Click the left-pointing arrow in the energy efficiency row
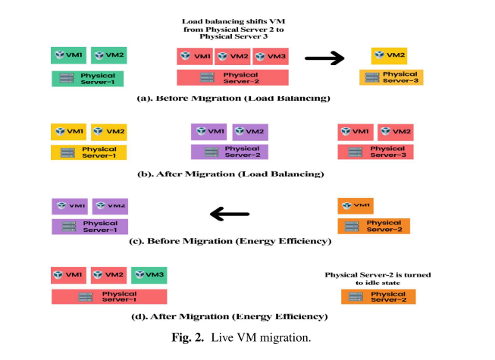tap(230, 214)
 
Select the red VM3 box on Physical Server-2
tap(271, 57)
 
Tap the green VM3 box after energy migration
tap(149, 274)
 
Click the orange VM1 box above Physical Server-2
tap(356, 205)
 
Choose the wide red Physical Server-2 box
tap(232, 77)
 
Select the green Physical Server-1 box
tap(87, 78)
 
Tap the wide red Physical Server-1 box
tap(109, 296)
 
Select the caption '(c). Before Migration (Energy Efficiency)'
tap(230, 241)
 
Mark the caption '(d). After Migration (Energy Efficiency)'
tap(230, 316)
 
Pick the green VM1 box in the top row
tap(68, 56)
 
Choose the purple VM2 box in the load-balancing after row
tap(249, 131)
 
